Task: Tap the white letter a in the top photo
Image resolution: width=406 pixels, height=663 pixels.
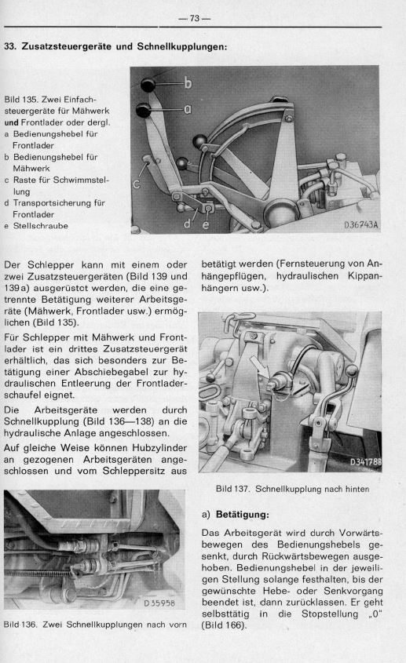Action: pos(188,110)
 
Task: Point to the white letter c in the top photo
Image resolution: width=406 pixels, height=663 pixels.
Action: pos(137,184)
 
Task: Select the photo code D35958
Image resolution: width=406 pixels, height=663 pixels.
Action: pos(159,604)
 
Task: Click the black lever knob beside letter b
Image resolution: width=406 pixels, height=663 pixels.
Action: pos(149,84)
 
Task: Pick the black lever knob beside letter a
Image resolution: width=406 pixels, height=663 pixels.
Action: pos(144,109)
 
